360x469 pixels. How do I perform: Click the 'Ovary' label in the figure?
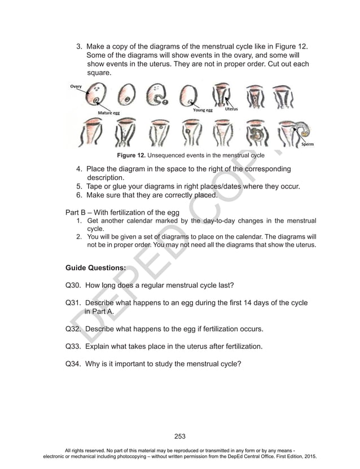(76, 86)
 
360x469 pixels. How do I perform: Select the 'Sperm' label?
(308, 144)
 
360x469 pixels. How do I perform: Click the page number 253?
(180, 436)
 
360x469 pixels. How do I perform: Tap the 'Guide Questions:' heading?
(95, 268)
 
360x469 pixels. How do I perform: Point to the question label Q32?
(73, 328)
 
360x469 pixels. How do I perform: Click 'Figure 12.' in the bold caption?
(131, 155)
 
